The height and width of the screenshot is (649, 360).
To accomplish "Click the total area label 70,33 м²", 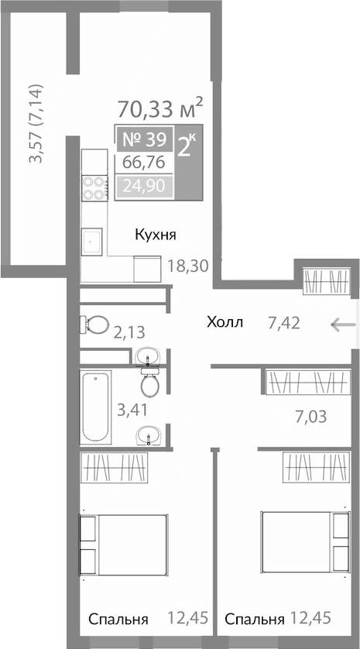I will (x=161, y=106).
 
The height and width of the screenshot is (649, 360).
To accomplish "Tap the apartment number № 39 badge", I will (x=144, y=140).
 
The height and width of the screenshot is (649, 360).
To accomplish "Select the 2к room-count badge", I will (x=187, y=146).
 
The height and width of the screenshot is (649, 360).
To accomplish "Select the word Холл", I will (x=225, y=322).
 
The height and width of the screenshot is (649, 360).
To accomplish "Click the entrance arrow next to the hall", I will (x=341, y=324).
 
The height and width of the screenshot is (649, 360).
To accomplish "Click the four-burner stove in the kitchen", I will (x=94, y=189).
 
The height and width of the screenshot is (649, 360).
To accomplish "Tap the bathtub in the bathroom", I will (x=96, y=406).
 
